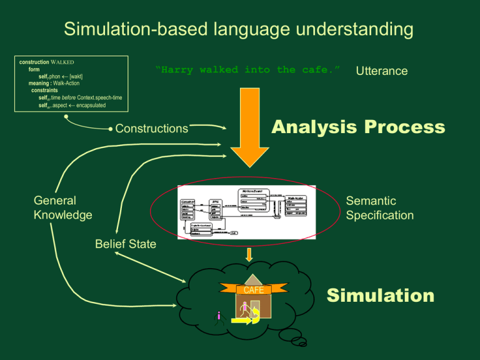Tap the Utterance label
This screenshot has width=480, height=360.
(x=381, y=71)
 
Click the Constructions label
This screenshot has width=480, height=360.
(x=151, y=129)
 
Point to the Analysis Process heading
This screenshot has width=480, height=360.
(x=357, y=127)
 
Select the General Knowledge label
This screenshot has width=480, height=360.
(x=62, y=207)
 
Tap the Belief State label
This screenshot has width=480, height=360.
(x=126, y=244)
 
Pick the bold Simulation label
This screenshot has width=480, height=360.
(x=381, y=296)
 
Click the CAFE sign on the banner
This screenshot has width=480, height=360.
(x=253, y=290)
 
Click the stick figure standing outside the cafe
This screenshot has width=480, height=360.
(x=218, y=318)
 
